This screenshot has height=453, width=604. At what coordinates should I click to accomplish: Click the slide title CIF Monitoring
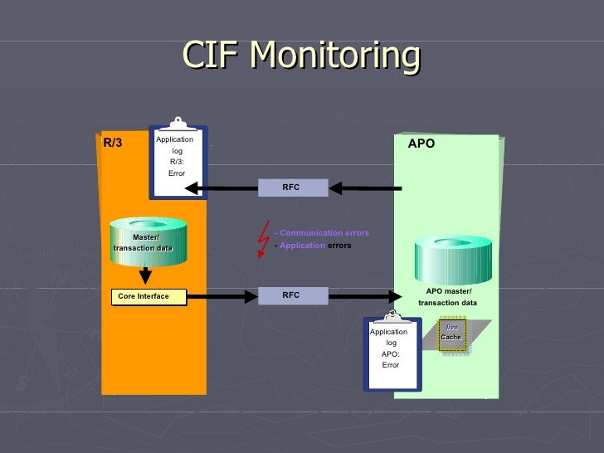[x=301, y=56]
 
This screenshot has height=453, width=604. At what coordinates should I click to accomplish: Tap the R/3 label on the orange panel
[x=112, y=143]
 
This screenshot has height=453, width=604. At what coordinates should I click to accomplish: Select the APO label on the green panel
[x=421, y=144]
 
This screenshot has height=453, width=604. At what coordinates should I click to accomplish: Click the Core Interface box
[x=149, y=296]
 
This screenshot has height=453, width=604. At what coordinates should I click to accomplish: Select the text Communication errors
[x=324, y=233]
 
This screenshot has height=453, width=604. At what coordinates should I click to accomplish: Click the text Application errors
[x=315, y=246]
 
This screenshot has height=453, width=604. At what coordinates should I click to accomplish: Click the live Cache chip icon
[x=452, y=335]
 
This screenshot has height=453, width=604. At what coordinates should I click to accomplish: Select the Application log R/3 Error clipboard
[x=178, y=161]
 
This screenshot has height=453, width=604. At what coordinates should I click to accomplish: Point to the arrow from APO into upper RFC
[x=365, y=188]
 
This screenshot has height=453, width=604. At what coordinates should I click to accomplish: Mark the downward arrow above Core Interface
[x=144, y=275]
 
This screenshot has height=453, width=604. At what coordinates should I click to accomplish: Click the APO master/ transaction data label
[x=448, y=297]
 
